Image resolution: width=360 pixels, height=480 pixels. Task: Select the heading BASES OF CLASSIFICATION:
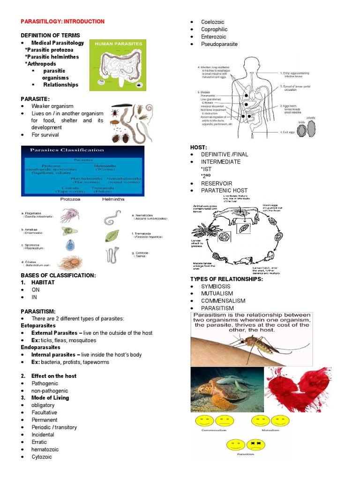(x=58, y=275)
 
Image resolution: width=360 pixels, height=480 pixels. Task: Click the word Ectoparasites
(x=38, y=325)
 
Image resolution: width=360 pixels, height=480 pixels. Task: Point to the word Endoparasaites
(x=40, y=347)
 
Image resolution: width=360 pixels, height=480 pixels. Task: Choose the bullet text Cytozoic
(x=42, y=457)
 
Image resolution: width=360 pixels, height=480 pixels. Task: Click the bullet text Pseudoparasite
(x=219, y=44)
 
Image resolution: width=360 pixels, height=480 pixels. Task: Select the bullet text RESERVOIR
(x=217, y=183)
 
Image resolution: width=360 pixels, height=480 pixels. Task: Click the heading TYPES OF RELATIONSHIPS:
(x=226, y=279)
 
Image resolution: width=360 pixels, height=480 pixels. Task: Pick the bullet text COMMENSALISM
(x=223, y=301)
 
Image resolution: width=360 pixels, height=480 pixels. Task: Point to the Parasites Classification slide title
(x=67, y=150)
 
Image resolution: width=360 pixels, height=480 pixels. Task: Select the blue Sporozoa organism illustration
(x=70, y=246)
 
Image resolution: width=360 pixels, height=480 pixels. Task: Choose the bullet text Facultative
(x=44, y=412)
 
